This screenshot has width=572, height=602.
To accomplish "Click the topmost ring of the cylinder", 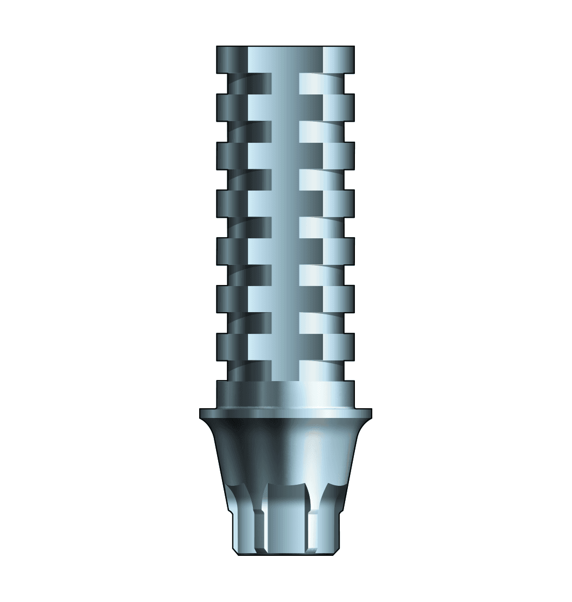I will click(x=285, y=59).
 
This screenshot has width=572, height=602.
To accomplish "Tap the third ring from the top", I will click(x=285, y=155).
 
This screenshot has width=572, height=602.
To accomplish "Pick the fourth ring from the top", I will click(x=285, y=202).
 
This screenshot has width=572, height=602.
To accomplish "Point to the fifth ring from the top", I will click(x=285, y=250).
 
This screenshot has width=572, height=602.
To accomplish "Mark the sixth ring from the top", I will click(x=285, y=298).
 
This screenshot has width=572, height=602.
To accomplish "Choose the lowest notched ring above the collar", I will click(x=285, y=346).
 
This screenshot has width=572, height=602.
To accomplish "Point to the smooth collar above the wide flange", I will click(x=285, y=394).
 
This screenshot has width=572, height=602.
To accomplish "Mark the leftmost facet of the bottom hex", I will click(x=243, y=529).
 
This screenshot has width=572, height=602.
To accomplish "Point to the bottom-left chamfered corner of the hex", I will click(x=236, y=551).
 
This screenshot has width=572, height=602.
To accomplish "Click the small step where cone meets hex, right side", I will click(x=340, y=511).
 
